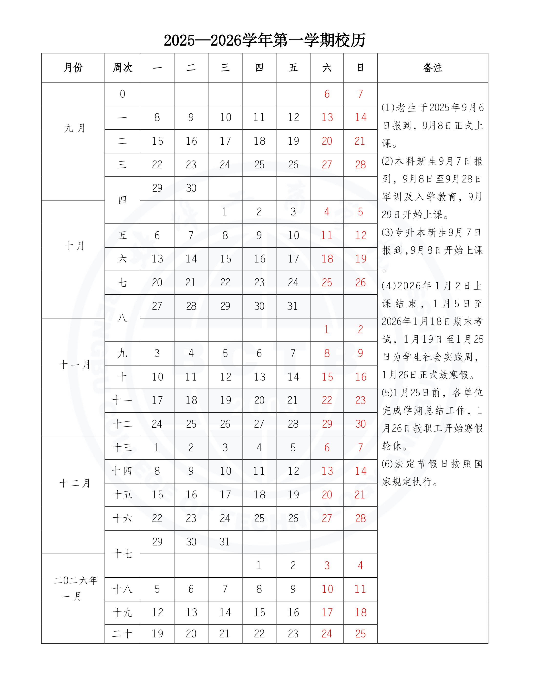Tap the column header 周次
pyautogui.click(x=122, y=68)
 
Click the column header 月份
pyautogui.click(x=73, y=68)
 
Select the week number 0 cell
pyautogui.click(x=122, y=94)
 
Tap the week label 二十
pyautogui.click(x=122, y=634)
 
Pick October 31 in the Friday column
pyautogui.click(x=293, y=306)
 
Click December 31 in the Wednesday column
pyautogui.click(x=225, y=542)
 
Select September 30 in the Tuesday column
pyautogui.click(x=191, y=188)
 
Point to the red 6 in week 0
pyautogui.click(x=327, y=94)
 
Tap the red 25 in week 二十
pyautogui.click(x=360, y=634)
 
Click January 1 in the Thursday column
pyautogui.click(x=259, y=565)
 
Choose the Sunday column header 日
pyautogui.click(x=360, y=68)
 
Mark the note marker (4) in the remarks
pyautogui.click(x=389, y=286)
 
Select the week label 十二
pyautogui.click(x=122, y=424)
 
